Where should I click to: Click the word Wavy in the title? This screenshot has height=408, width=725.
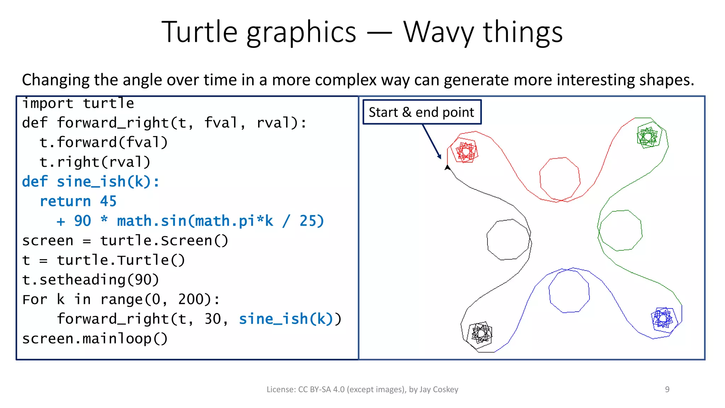[x=439, y=33]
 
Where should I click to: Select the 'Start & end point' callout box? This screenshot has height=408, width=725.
[x=422, y=112]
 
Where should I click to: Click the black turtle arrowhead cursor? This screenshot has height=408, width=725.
[x=447, y=167]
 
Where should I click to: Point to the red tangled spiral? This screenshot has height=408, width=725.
[x=466, y=152]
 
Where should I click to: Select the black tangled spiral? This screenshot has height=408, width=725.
[x=480, y=333]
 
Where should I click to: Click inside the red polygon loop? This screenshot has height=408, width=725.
[x=560, y=179]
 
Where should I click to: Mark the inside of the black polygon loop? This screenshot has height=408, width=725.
[x=508, y=240]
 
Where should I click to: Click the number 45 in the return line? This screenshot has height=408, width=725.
[x=108, y=202]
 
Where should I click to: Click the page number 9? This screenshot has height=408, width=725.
[x=667, y=390]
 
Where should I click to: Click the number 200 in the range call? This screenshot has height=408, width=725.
[x=191, y=300]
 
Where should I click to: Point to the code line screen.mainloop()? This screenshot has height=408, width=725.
[x=95, y=339]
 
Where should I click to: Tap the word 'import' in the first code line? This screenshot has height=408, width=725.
[x=48, y=103]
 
